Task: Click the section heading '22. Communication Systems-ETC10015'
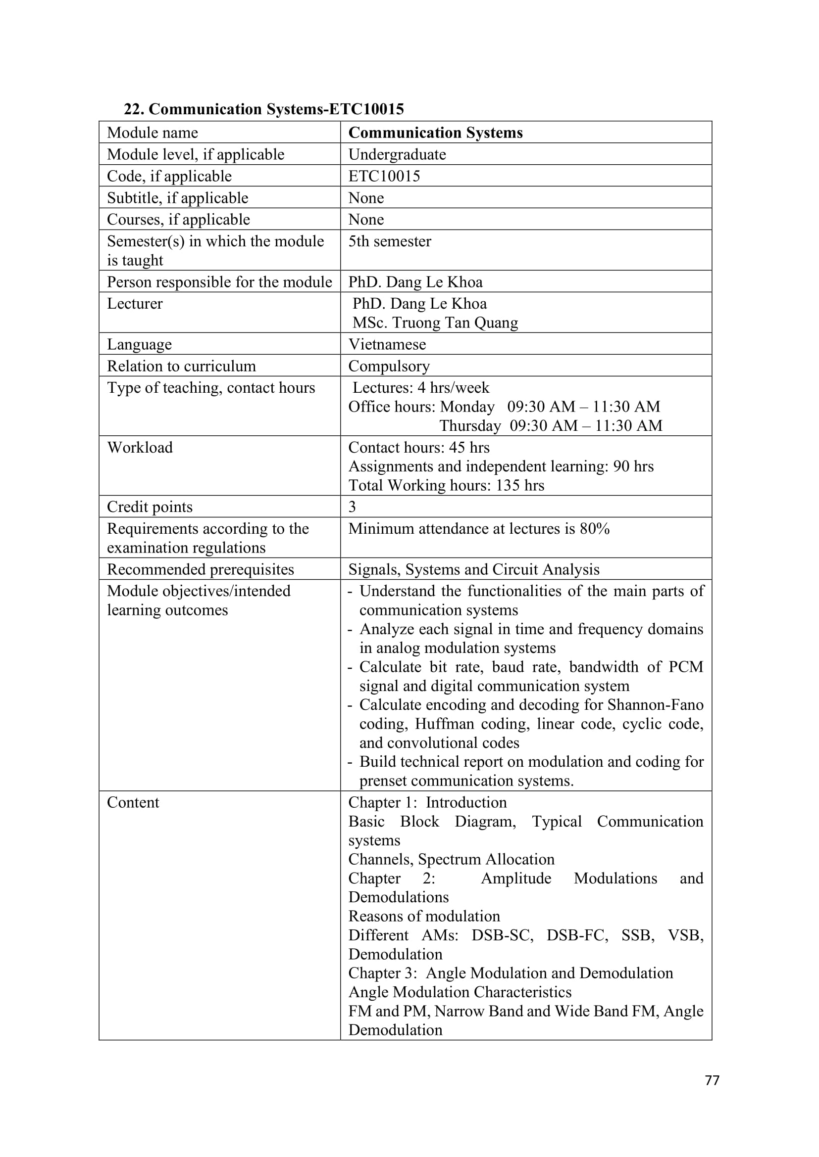264,109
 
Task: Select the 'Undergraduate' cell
397,154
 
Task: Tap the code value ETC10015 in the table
384,176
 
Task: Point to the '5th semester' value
389,241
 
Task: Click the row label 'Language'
139,344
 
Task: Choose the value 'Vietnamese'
387,344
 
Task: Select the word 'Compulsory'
389,366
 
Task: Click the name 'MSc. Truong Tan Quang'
435,323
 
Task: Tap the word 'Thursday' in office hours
470,426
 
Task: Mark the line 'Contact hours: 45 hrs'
418,448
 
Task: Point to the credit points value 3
352,507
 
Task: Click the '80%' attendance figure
595,529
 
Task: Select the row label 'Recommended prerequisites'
200,569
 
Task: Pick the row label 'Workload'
140,448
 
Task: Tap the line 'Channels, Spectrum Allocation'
451,859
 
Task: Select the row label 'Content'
133,802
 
